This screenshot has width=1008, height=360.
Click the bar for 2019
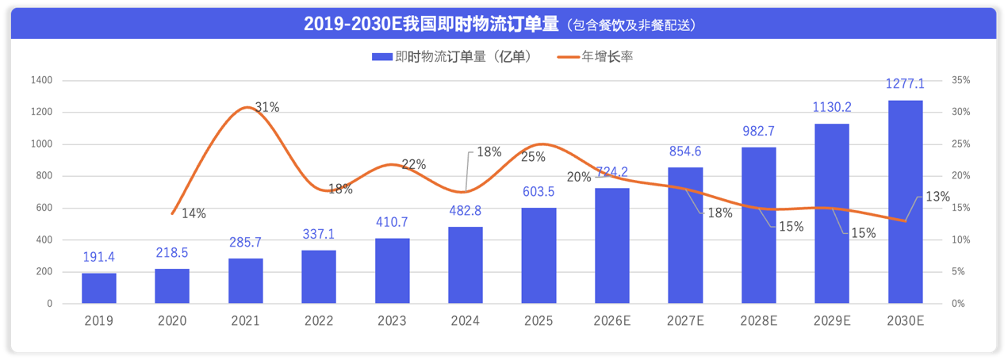tap(99, 289)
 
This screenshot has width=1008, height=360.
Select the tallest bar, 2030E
tap(905, 202)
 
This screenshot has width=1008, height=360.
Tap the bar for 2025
tap(538, 255)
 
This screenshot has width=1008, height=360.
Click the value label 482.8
tap(466, 211)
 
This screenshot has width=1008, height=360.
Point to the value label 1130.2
tap(832, 107)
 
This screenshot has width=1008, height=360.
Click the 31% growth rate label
tap(266, 107)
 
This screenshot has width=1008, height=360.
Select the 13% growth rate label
tap(937, 197)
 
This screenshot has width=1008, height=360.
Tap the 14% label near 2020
tap(194, 213)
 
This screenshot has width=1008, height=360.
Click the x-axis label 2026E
tap(611, 321)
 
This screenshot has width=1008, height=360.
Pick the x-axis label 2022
tap(319, 321)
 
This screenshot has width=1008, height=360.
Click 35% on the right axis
tap(960, 80)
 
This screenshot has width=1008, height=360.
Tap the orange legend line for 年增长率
tap(567, 56)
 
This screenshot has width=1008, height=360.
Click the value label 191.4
tap(99, 257)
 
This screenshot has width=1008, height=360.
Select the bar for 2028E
tap(758, 225)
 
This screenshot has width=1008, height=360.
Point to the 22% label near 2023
tap(413, 164)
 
